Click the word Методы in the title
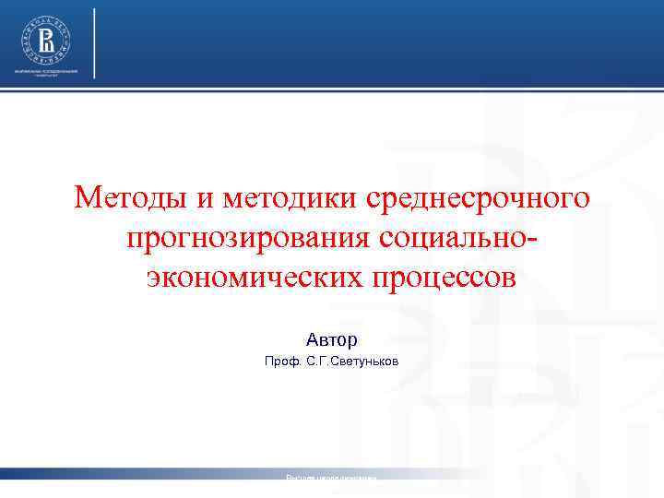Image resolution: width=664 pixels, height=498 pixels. [131, 197]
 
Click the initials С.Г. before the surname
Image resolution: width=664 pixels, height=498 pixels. [316, 362]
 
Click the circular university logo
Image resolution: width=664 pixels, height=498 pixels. [44, 40]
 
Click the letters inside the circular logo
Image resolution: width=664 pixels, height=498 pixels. [44, 40]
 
